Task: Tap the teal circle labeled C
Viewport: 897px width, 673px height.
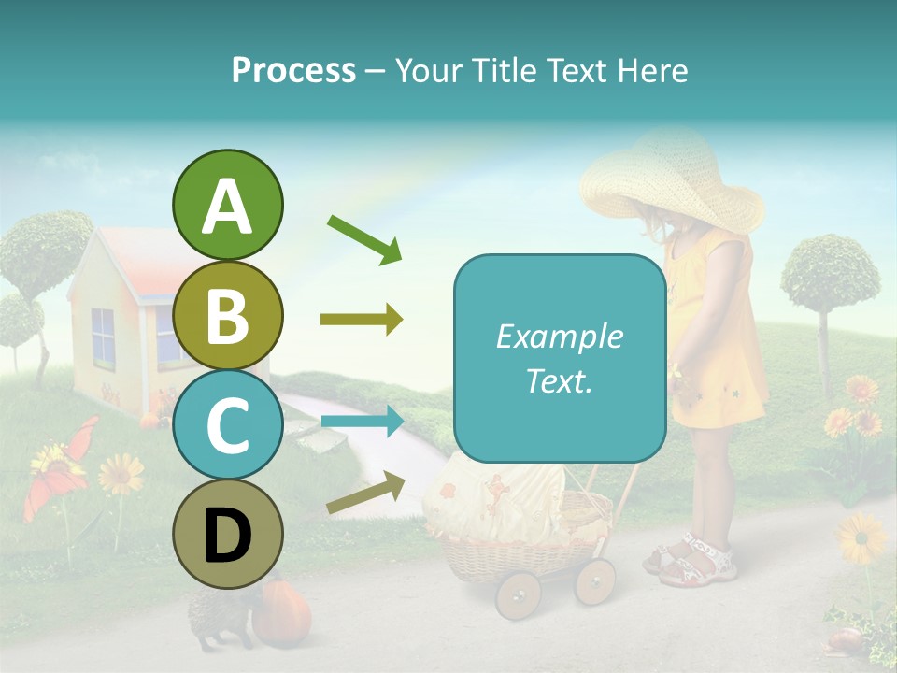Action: coord(227,424)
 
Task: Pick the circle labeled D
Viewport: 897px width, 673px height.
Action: coord(227,534)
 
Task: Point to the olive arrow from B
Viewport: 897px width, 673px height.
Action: coord(362,321)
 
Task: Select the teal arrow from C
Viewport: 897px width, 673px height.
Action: coord(362,422)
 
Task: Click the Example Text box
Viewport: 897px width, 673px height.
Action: coord(559,358)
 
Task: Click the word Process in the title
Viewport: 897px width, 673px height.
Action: coord(293,70)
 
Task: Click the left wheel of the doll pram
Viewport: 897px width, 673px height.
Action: coord(518,595)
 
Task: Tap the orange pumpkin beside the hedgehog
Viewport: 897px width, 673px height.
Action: coord(281,613)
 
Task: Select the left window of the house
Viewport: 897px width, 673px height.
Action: coord(103,338)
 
